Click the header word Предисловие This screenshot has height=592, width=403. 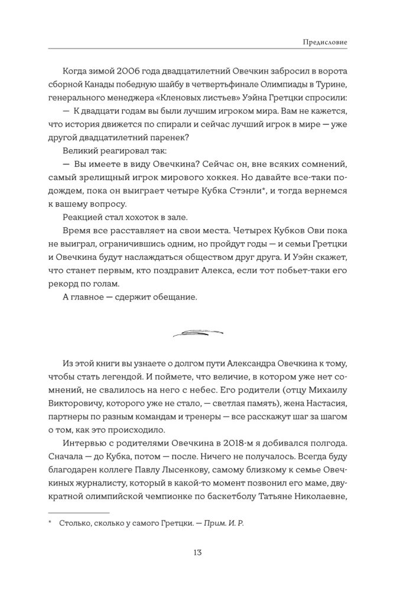tap(324, 42)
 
